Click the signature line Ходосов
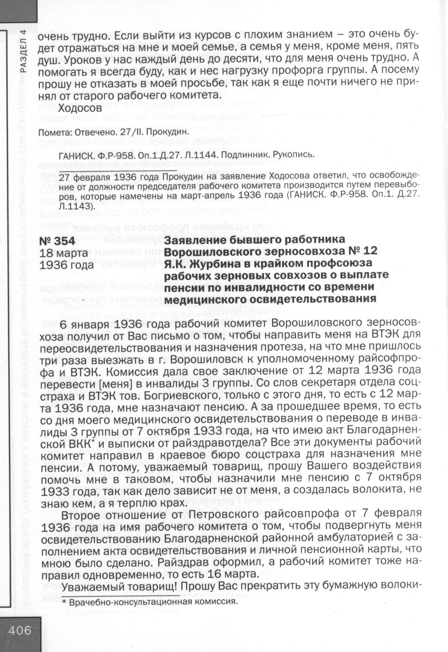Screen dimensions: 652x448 [x=80, y=107]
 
